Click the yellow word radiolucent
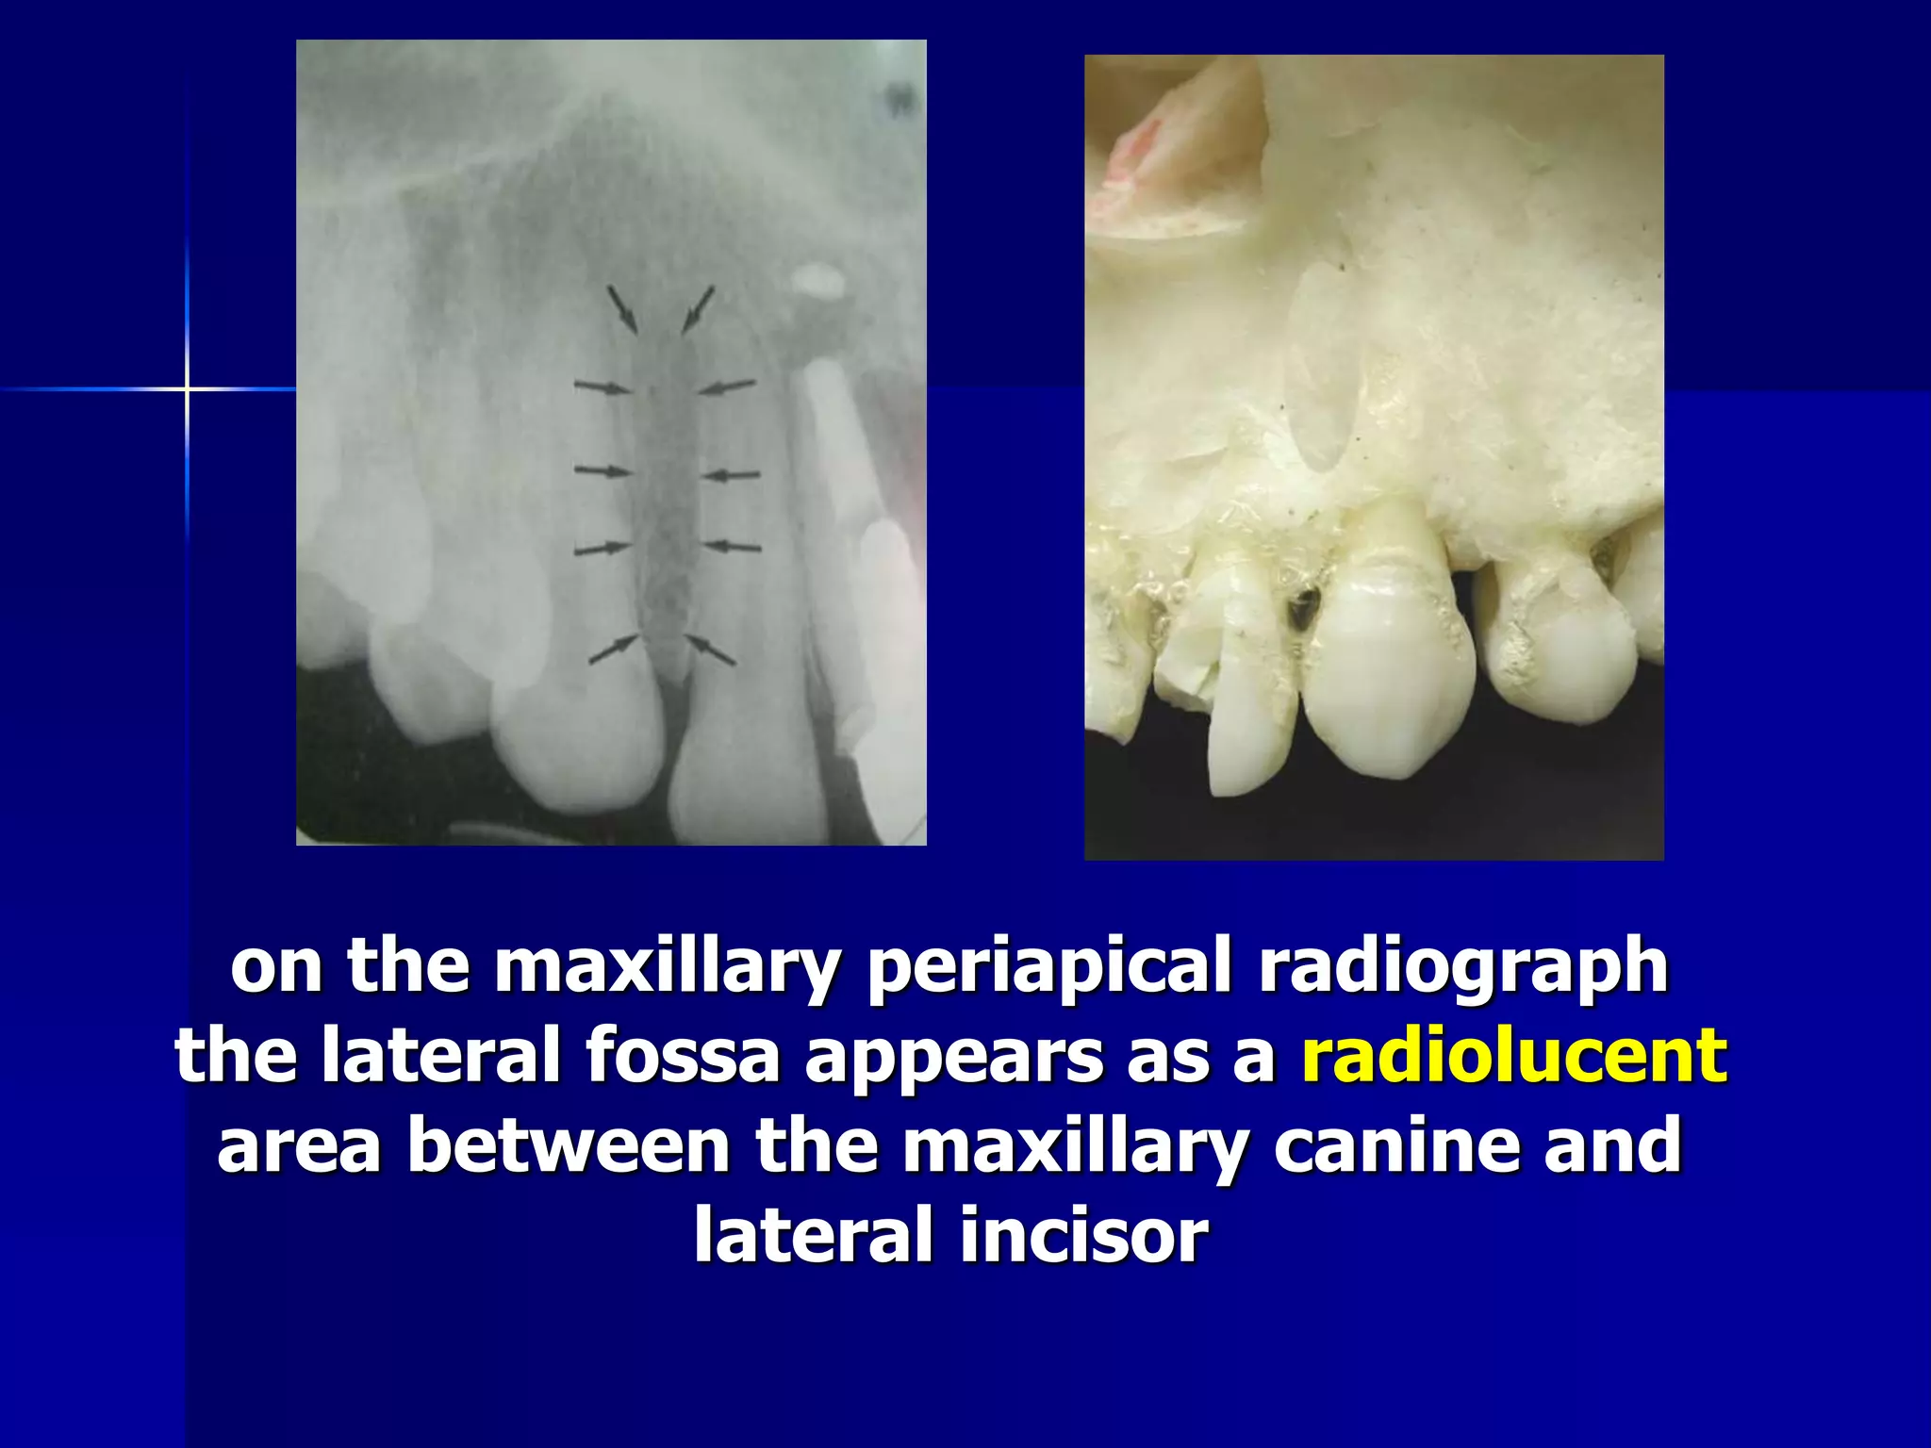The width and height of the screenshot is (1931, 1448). pos(1514,1056)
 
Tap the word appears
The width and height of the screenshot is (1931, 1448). pos(953,1056)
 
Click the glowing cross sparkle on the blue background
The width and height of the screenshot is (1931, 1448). pos(187,388)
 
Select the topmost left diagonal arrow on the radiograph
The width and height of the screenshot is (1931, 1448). pos(622,309)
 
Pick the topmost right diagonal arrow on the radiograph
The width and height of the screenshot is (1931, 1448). pos(698,309)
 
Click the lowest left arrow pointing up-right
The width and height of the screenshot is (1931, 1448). pos(614,650)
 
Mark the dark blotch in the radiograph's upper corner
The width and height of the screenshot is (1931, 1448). pos(900,97)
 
